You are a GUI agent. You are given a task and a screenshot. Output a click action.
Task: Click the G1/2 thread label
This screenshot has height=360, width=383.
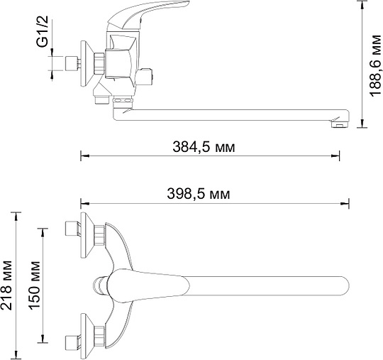(43, 31)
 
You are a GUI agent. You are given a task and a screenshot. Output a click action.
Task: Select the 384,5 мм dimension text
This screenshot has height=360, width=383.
(204, 148)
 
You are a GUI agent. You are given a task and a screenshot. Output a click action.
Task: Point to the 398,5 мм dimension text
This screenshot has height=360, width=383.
(199, 195)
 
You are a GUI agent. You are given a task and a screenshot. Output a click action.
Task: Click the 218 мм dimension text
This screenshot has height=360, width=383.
(6, 285)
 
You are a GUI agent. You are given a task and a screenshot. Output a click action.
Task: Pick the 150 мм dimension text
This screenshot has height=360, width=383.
(35, 285)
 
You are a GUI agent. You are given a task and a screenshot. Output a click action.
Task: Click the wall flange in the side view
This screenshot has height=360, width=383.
(87, 64)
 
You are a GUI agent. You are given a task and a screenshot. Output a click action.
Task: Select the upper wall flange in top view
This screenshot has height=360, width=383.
(87, 235)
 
